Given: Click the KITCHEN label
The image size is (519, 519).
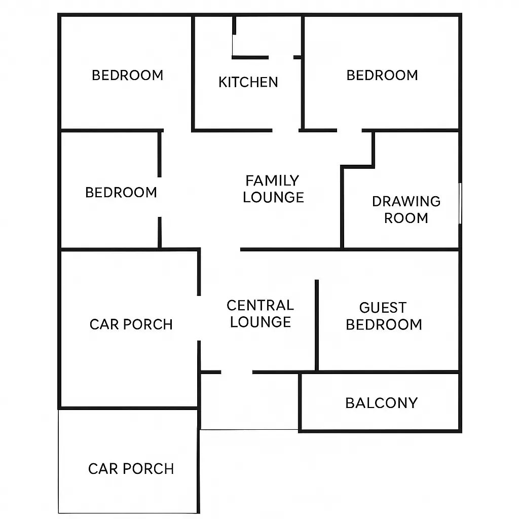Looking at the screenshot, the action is (x=248, y=82).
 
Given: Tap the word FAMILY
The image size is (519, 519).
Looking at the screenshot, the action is (x=272, y=181).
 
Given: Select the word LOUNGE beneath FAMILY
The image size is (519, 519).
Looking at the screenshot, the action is (x=273, y=197).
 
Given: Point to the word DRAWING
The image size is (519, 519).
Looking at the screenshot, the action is (x=406, y=201).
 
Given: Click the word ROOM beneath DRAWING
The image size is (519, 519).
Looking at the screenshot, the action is (x=406, y=218).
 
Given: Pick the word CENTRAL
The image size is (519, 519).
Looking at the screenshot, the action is (x=260, y=305).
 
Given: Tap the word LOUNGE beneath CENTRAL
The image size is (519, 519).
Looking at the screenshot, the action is (x=261, y=322).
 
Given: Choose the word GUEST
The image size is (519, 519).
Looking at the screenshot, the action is (x=383, y=308).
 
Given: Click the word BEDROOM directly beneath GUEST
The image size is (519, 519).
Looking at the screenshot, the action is (x=384, y=325).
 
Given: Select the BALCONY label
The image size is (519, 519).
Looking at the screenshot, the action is (x=381, y=403).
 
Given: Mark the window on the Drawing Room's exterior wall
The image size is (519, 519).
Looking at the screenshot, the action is (x=460, y=203).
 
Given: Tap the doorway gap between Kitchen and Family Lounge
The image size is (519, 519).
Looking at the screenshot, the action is (x=285, y=130).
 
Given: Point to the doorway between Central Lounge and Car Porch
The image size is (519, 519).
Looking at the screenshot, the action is (x=199, y=318).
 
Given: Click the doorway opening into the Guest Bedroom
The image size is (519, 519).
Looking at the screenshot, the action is (x=316, y=265).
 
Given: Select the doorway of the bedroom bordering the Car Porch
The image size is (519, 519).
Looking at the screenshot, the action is (x=160, y=197).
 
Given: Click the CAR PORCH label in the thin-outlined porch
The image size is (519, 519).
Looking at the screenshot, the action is (x=131, y=469).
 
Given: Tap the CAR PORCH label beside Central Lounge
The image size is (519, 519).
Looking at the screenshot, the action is (x=131, y=324).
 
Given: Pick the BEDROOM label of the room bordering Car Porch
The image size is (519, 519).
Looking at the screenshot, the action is (x=121, y=192).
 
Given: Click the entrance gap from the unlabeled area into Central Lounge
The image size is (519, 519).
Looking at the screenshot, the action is (x=237, y=373).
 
